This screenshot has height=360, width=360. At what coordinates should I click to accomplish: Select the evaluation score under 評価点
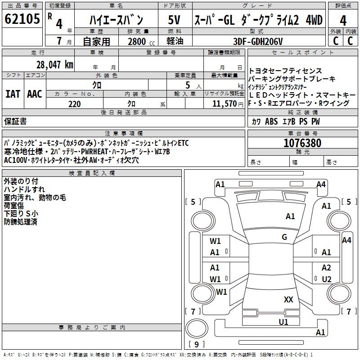(343, 20)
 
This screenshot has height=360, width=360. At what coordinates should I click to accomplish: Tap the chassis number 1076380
(302, 143)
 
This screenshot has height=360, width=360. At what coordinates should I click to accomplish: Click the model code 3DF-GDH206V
(258, 41)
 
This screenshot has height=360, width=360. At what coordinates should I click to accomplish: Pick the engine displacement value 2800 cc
(138, 41)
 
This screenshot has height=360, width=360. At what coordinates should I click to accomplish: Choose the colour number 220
(75, 104)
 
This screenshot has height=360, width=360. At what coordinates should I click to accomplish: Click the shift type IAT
(13, 94)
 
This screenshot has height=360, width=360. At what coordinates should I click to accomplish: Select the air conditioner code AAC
(35, 94)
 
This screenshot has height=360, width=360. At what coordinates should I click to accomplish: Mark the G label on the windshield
(284, 237)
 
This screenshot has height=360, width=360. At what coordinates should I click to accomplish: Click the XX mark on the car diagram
(288, 299)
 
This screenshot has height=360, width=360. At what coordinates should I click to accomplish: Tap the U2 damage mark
(326, 279)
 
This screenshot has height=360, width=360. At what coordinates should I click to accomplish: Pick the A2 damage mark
(326, 268)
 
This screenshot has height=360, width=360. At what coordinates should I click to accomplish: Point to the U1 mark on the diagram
(283, 322)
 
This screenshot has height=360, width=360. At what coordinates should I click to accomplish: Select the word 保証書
(15, 121)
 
